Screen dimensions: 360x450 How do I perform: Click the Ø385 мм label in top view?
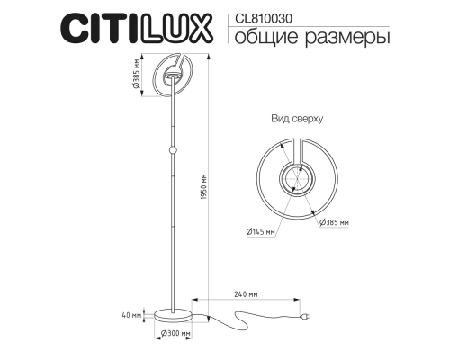(x=333, y=221)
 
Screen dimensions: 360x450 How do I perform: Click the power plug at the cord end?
(x=306, y=317)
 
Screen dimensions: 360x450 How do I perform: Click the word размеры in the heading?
(x=346, y=37)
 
